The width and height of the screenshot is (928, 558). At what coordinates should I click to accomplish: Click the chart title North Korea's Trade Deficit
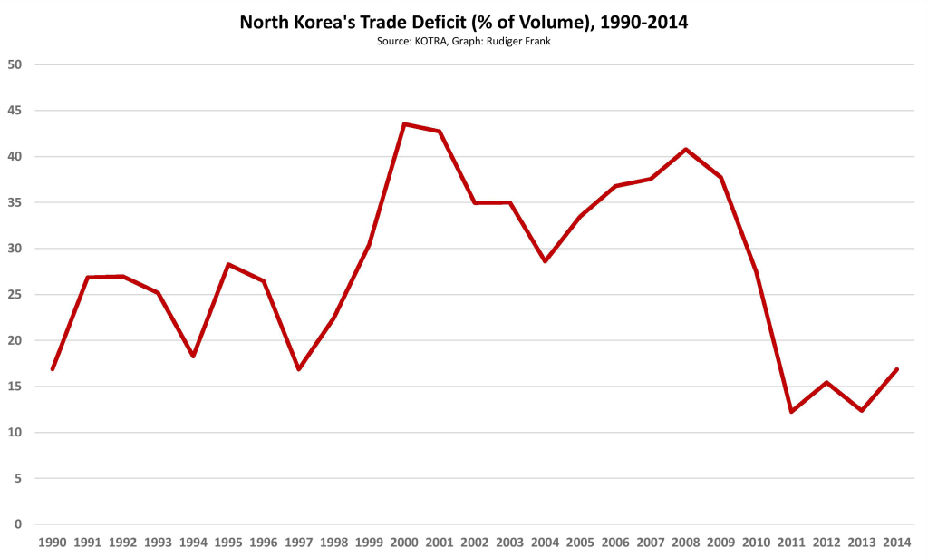pyautogui.click(x=463, y=23)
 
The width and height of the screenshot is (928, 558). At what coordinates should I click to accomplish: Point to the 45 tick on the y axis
pyautogui.click(x=14, y=111)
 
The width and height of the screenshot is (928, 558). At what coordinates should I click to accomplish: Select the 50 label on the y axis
pyautogui.click(x=14, y=64)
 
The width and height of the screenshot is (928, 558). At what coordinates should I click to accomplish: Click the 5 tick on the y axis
pyautogui.click(x=18, y=478)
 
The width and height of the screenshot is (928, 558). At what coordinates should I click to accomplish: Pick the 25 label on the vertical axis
pyautogui.click(x=14, y=295)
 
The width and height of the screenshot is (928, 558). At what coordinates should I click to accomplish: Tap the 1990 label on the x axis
pyautogui.click(x=53, y=542)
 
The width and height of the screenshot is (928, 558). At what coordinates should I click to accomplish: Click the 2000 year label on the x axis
pyautogui.click(x=403, y=542)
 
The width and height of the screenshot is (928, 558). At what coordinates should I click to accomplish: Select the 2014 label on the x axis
pyautogui.click(x=896, y=542)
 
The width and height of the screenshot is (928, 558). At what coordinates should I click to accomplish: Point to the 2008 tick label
pyautogui.click(x=685, y=542)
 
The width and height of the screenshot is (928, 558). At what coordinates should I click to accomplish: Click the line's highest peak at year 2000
pyautogui.click(x=403, y=124)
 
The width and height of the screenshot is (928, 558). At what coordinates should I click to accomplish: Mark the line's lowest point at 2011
pyautogui.click(x=791, y=412)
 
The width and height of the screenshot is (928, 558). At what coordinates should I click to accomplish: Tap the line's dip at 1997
pyautogui.click(x=298, y=369)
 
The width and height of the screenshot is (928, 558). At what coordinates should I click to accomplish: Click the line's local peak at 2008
pyautogui.click(x=685, y=149)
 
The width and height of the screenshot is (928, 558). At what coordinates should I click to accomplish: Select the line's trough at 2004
pyautogui.click(x=545, y=261)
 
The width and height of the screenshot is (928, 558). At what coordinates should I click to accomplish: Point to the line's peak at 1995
pyautogui.click(x=228, y=264)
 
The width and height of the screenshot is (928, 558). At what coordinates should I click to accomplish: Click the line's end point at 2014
pyautogui.click(x=896, y=369)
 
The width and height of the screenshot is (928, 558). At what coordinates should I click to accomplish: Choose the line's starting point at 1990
pyautogui.click(x=53, y=369)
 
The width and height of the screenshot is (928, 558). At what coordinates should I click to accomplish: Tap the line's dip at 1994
pyautogui.click(x=193, y=357)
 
